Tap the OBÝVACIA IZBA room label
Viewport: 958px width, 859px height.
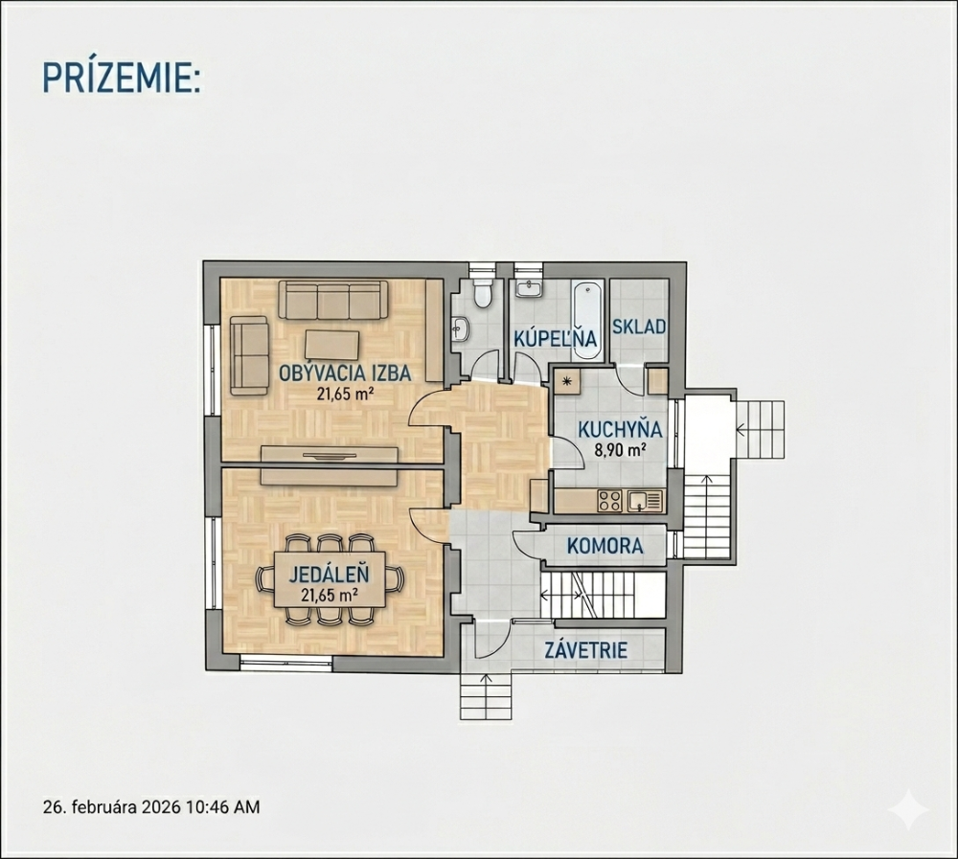[x=345, y=373]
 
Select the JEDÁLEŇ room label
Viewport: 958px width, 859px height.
[x=329, y=575]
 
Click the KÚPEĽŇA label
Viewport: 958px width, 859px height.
[x=555, y=338]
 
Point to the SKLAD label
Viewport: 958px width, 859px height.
[x=639, y=327]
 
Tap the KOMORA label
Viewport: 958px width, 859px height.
[x=604, y=546]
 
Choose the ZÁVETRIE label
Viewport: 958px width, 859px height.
[x=586, y=650]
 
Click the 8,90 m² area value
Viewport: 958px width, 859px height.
[x=621, y=450]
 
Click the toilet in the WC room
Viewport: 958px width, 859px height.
[x=483, y=293]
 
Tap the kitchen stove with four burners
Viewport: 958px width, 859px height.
[x=609, y=501]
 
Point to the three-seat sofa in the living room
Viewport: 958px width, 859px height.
[x=333, y=300]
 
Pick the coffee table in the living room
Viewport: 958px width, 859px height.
[x=331, y=345]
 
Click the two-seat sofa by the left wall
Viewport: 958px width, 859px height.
[x=249, y=355]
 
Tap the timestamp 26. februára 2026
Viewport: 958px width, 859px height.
[x=112, y=807]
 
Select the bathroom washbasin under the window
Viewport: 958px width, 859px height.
[x=528, y=287]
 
